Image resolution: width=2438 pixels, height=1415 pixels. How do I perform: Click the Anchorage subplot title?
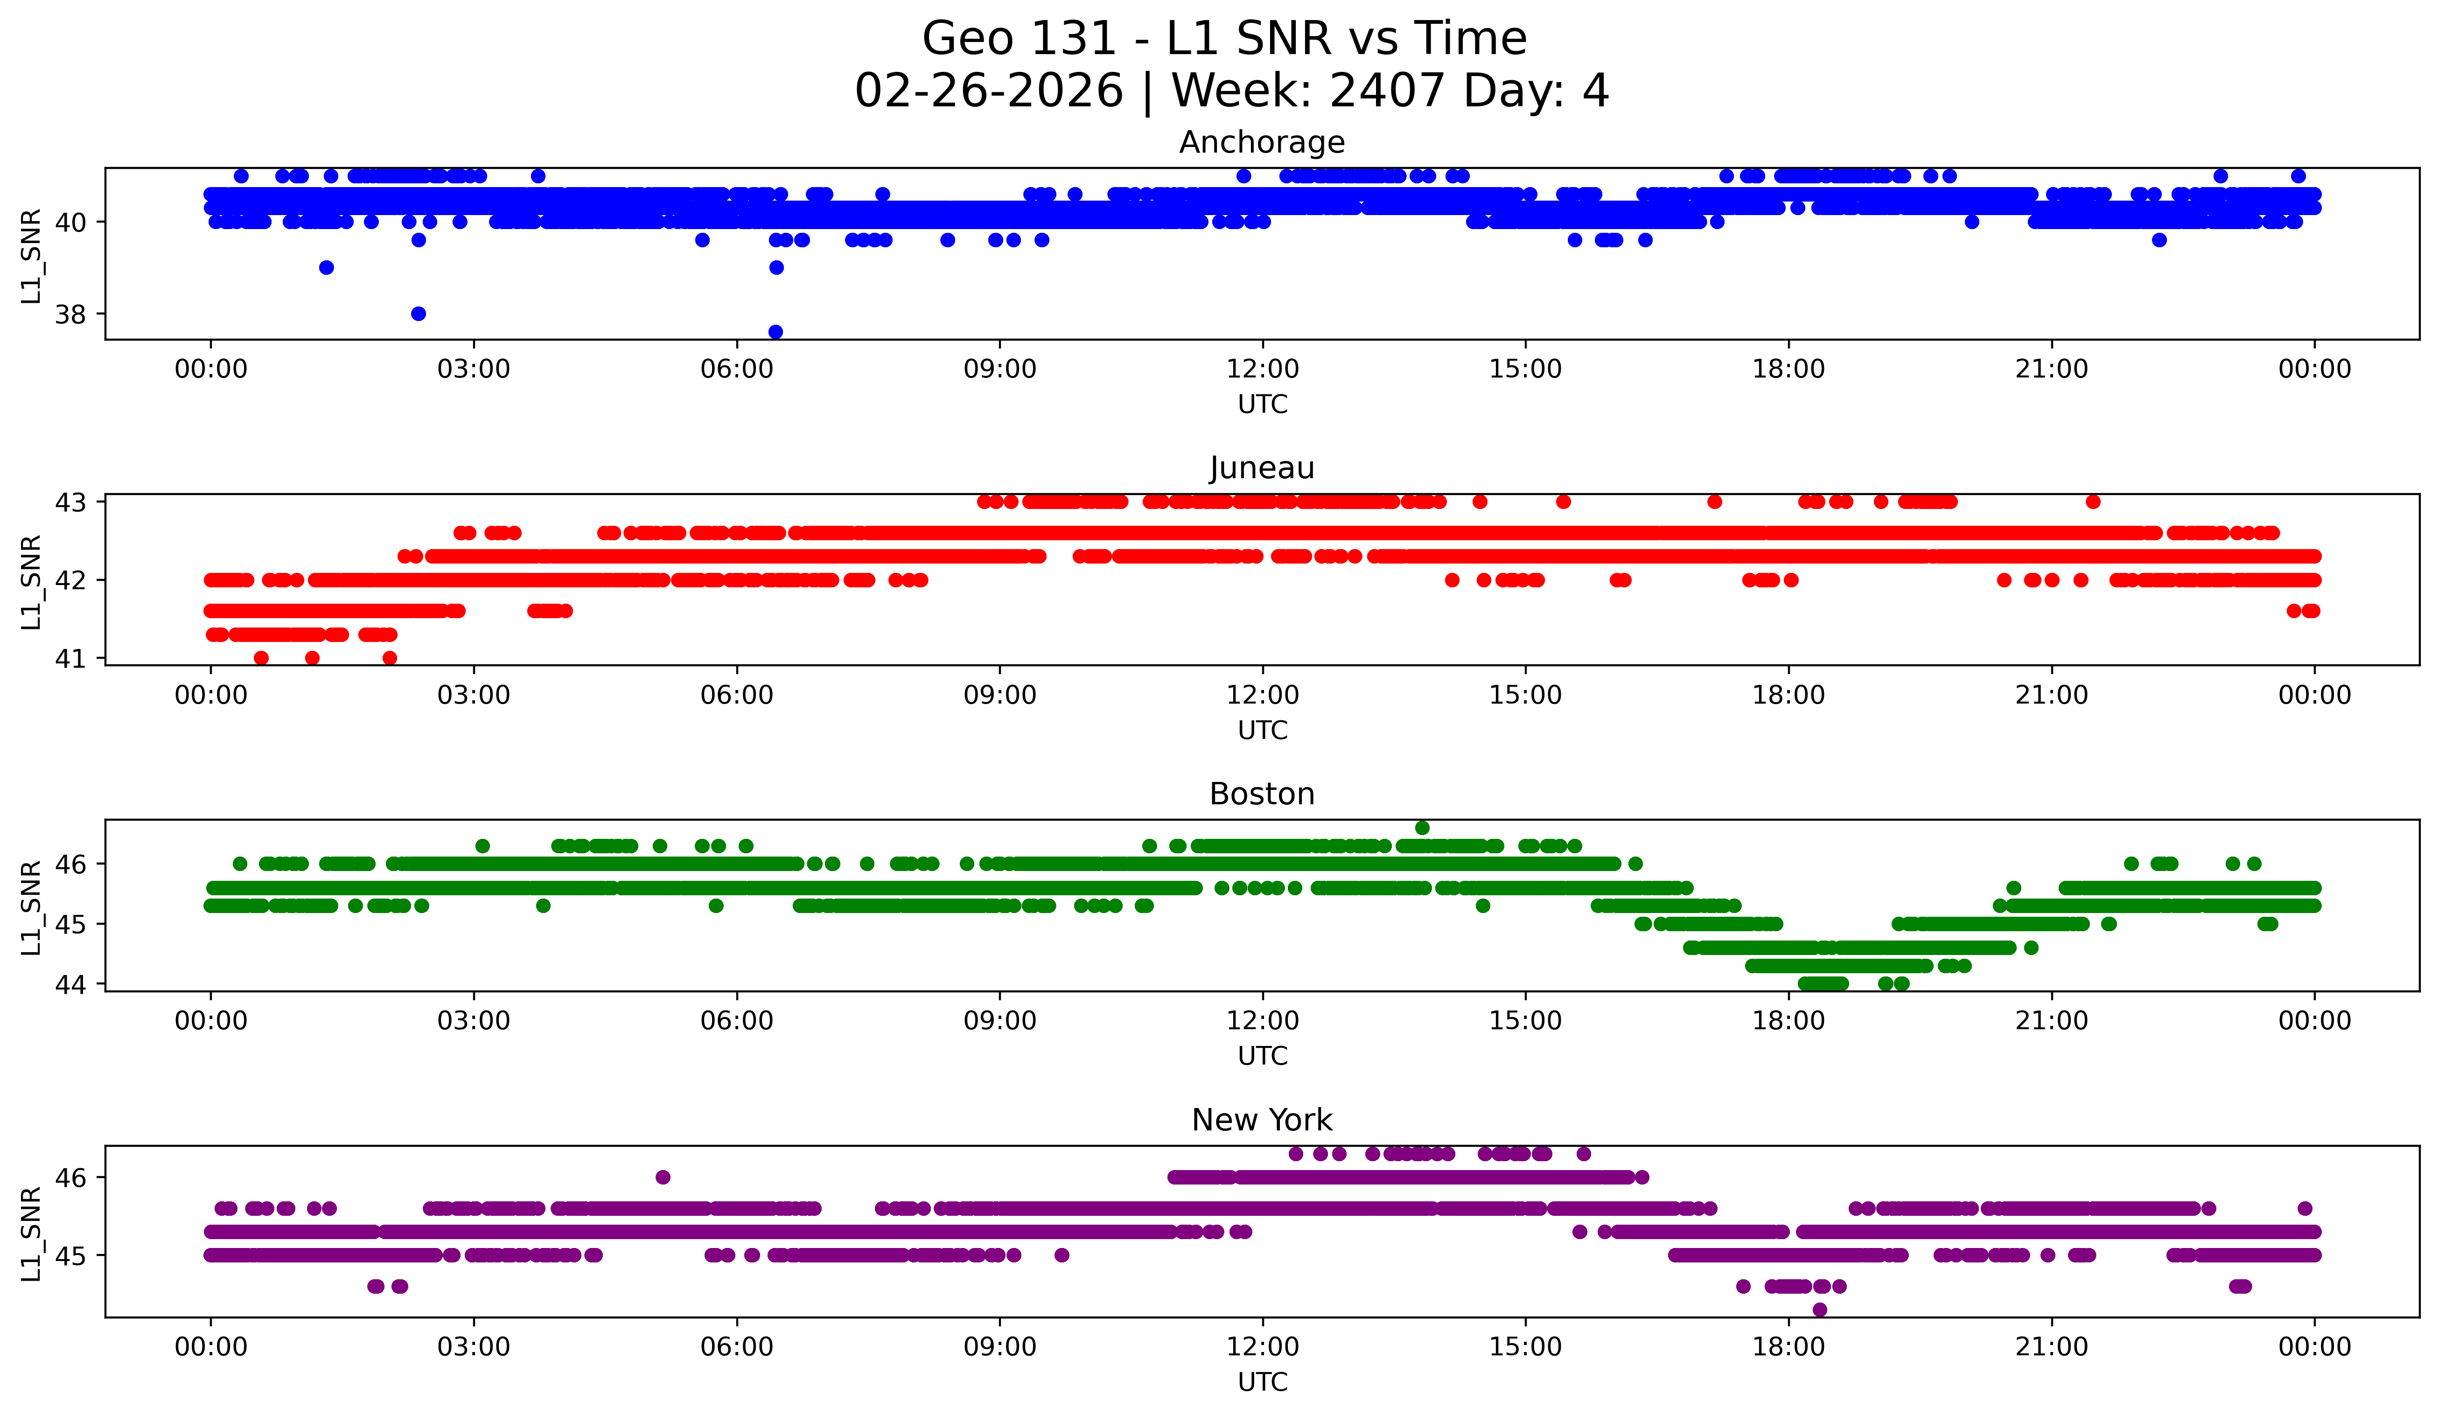1262,142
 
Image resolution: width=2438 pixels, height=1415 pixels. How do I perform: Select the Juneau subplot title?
1262,468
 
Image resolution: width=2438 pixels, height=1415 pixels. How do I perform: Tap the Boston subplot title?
1262,794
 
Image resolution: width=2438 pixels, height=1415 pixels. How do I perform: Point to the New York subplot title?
1262,1120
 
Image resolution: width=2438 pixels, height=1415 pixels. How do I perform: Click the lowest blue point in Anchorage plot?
775,332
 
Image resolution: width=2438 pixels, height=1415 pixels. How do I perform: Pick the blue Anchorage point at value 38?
418,314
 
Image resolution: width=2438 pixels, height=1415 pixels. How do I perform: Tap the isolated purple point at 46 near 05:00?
663,1177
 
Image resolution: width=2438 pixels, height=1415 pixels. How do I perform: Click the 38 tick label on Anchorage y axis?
70,314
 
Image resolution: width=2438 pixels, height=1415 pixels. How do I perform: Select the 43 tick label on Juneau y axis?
70,502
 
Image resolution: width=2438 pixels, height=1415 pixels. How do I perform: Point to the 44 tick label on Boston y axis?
70,984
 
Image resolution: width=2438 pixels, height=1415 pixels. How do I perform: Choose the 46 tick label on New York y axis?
70,1178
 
